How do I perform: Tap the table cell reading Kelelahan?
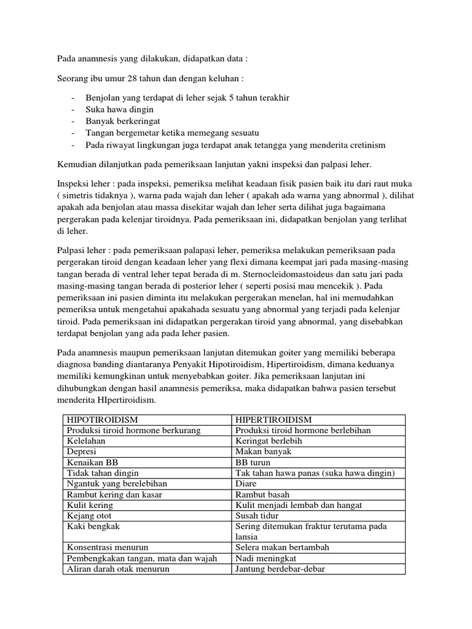pyautogui.click(x=85, y=440)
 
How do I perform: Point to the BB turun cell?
pyautogui.click(x=253, y=463)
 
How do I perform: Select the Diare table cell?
pyautogui.click(x=246, y=483)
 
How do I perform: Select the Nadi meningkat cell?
pyautogui.click(x=265, y=558)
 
